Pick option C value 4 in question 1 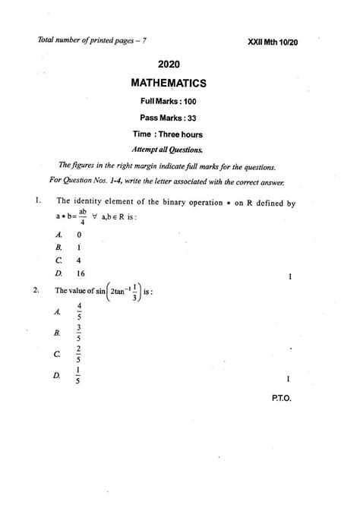coord(78,260)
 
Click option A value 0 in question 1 coord(78,235)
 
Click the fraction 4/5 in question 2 coord(79,311)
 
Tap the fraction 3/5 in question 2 coord(79,332)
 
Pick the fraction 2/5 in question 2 coord(79,354)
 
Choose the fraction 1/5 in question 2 coord(79,375)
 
